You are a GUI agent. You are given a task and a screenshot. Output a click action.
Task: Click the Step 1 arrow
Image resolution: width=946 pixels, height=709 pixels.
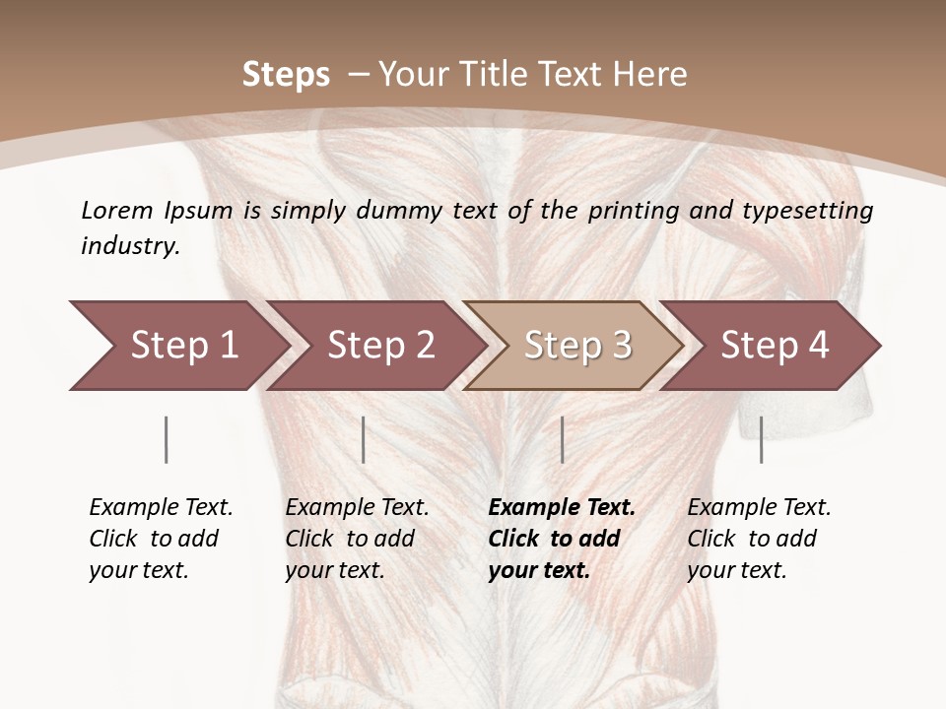[183, 346]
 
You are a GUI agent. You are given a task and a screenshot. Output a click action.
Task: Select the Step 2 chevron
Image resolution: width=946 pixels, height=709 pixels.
[380, 346]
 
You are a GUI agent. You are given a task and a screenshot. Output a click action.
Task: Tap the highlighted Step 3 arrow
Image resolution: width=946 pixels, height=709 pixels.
[576, 346]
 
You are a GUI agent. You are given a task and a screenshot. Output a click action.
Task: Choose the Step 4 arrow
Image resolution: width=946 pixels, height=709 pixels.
[775, 346]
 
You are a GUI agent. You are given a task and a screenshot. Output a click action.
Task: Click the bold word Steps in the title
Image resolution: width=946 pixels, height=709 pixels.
[286, 75]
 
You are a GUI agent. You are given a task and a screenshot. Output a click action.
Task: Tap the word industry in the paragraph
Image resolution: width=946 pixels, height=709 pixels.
[129, 246]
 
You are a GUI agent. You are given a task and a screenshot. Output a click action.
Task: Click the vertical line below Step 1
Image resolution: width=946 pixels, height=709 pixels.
[167, 439]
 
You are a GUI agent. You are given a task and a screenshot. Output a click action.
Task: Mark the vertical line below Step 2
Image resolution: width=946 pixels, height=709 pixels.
[364, 439]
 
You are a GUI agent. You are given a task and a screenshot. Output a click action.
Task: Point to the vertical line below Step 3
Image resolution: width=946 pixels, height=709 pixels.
[562, 439]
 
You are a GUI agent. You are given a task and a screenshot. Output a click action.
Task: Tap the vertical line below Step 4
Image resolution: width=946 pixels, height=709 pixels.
[761, 439]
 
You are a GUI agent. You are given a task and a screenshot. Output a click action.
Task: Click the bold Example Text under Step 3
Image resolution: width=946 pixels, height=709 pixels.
[562, 508]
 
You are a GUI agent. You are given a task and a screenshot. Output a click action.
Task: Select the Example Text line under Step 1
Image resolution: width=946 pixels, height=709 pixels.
[161, 508]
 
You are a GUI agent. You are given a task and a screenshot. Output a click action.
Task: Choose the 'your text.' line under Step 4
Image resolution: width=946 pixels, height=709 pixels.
[736, 570]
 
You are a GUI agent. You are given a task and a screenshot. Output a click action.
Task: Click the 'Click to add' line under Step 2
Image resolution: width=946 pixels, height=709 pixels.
[350, 539]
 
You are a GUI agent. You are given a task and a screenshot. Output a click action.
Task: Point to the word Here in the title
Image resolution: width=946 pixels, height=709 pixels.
[651, 75]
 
